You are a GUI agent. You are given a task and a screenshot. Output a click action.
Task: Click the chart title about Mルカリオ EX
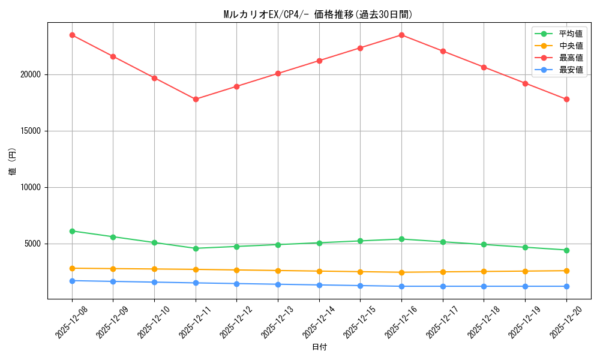[318, 14]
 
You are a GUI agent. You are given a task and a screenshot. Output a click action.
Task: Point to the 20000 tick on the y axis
[29, 74]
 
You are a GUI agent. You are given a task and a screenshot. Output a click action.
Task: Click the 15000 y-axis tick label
[29, 131]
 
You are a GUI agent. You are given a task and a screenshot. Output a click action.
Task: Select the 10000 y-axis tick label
[29, 187]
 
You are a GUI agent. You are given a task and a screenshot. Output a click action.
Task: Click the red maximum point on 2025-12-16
[401, 35]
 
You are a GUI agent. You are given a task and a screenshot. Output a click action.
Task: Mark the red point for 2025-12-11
[196, 99]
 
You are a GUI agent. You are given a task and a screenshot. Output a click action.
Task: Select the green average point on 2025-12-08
[72, 231]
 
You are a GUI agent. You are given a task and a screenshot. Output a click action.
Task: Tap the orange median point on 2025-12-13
[278, 271]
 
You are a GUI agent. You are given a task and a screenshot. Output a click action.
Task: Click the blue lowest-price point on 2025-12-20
[566, 286]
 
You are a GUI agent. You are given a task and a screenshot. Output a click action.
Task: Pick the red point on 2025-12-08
[72, 35]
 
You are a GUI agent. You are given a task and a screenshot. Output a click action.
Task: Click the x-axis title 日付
[319, 347]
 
